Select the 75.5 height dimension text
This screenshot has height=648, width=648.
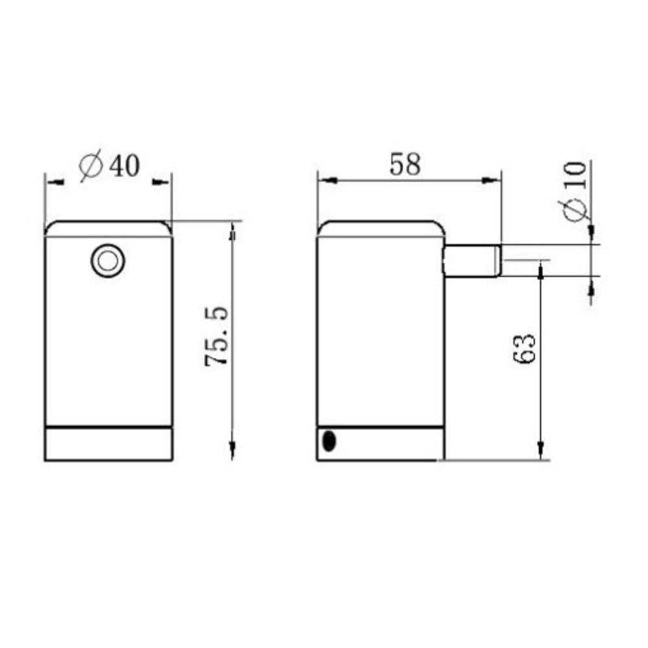coord(216,336)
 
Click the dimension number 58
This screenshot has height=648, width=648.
coord(405,164)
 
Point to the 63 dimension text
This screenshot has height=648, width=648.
coord(524,348)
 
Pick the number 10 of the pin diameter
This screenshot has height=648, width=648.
coord(575,175)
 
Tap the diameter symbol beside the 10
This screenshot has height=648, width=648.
coord(573,210)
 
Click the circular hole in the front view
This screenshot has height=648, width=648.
coord(108,260)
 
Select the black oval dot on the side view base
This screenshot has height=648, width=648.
coord(329,441)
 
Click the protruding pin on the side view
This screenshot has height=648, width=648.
coord(472,260)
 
